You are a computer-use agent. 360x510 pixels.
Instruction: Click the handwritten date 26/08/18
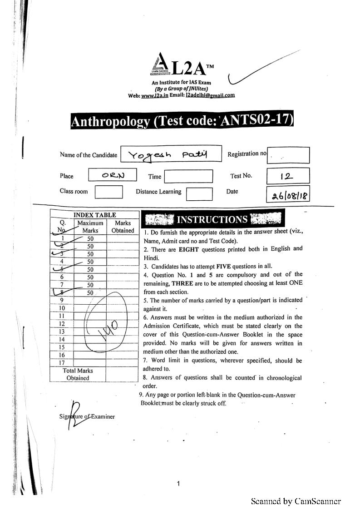point(289,196)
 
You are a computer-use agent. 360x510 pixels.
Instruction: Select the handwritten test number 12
point(287,175)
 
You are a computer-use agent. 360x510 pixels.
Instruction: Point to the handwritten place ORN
point(113,175)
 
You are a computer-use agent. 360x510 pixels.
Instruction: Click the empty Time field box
point(188,176)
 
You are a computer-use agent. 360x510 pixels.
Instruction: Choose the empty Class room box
point(108,192)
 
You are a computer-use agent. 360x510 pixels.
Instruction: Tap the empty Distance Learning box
point(199,193)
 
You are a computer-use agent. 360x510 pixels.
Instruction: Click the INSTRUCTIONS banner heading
point(212,219)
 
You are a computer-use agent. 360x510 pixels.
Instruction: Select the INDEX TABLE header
point(95,215)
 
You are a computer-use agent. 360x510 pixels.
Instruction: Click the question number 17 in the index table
point(62,362)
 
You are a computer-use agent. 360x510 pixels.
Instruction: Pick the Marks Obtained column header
point(123,227)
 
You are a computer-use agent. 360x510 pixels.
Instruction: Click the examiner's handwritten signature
point(75,414)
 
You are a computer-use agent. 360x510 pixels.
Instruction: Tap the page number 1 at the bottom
point(178,484)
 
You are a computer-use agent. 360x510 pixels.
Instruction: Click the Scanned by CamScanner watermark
point(296,501)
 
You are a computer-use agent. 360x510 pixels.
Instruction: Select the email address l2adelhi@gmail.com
point(210,95)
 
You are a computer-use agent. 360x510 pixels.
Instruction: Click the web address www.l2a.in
point(154,95)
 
